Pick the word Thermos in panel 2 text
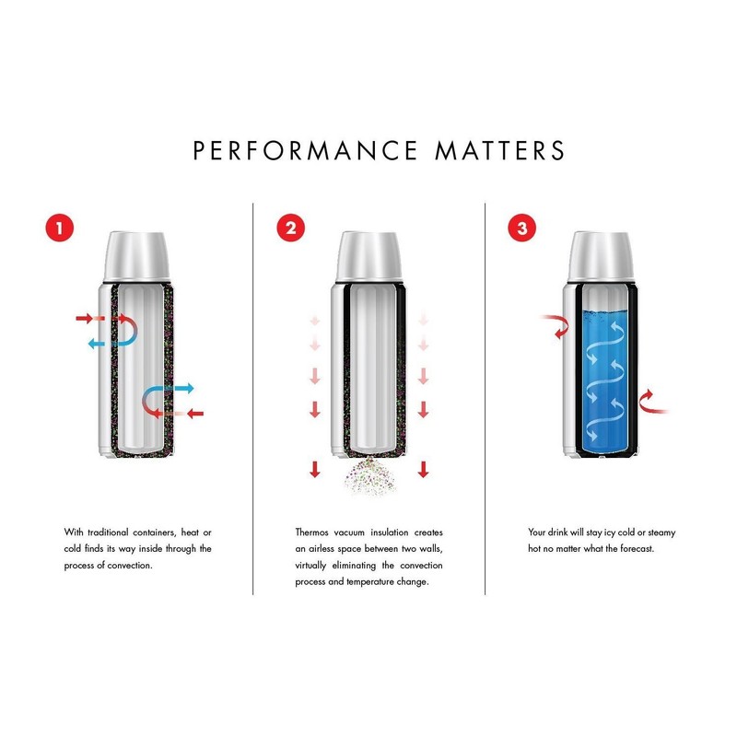313,532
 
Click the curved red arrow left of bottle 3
556,324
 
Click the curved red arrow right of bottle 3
649,400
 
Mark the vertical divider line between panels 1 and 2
253,396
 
